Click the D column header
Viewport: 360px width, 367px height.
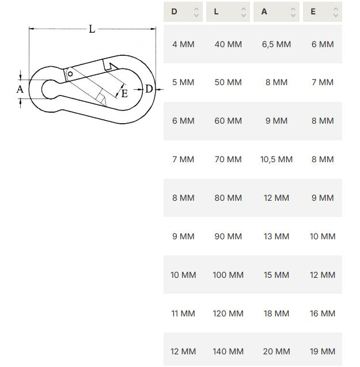[183, 12]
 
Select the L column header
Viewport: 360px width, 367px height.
[228, 12]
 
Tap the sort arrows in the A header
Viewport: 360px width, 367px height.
[293, 12]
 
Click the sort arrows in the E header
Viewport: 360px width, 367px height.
[336, 12]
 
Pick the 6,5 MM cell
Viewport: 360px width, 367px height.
[276, 44]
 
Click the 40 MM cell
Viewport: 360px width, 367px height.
[228, 44]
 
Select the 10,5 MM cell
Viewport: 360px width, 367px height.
[276, 159]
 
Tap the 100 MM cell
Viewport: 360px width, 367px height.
[228, 275]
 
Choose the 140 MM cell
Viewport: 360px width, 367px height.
[228, 351]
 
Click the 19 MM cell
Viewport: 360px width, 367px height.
[323, 351]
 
